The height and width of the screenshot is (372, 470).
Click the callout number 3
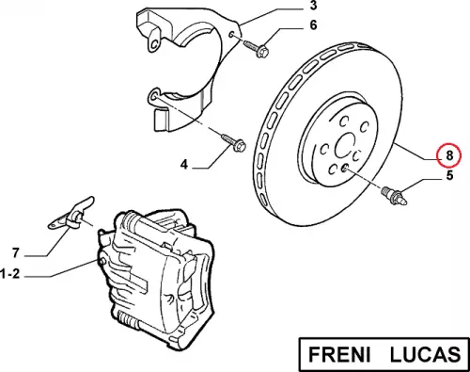click(313, 6)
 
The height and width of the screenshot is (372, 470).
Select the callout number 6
click(313, 24)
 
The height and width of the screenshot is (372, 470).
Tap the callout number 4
click(184, 164)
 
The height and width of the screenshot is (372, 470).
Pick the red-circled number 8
click(449, 155)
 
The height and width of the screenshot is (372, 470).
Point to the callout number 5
click(449, 175)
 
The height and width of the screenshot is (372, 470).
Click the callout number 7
click(16, 252)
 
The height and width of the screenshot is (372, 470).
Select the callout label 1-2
click(10, 274)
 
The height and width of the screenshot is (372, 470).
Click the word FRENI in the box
click(339, 354)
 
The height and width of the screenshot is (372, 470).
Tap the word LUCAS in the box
click(426, 354)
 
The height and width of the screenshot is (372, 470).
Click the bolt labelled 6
click(256, 48)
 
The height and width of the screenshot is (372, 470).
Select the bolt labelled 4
click(234, 142)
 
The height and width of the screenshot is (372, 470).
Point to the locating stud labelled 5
click(395, 196)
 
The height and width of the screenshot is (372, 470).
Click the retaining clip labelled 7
click(72, 215)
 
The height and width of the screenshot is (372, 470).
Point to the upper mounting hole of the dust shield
click(231, 34)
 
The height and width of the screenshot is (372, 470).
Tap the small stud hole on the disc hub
click(344, 169)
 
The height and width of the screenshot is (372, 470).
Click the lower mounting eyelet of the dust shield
click(153, 96)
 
